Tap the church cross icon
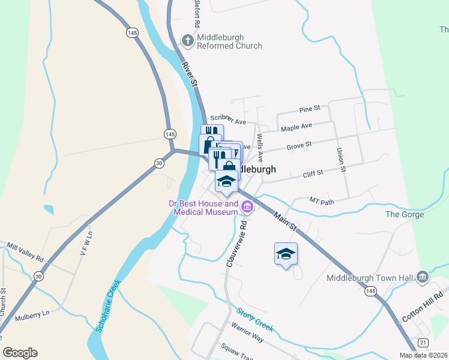pos(187,41)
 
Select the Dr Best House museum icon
pos(247,208)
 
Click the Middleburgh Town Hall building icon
pos(423,277)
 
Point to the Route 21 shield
pos(423,342)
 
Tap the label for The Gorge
pos(405,214)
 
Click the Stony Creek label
pos(255,320)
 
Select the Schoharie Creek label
pos(109,306)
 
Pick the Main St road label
pos(285,221)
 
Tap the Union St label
pos(341,160)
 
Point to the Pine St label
pos(310,110)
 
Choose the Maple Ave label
pos(297,127)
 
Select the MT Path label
pos(321,200)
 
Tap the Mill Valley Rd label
pos(25,253)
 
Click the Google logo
pos(20,353)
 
